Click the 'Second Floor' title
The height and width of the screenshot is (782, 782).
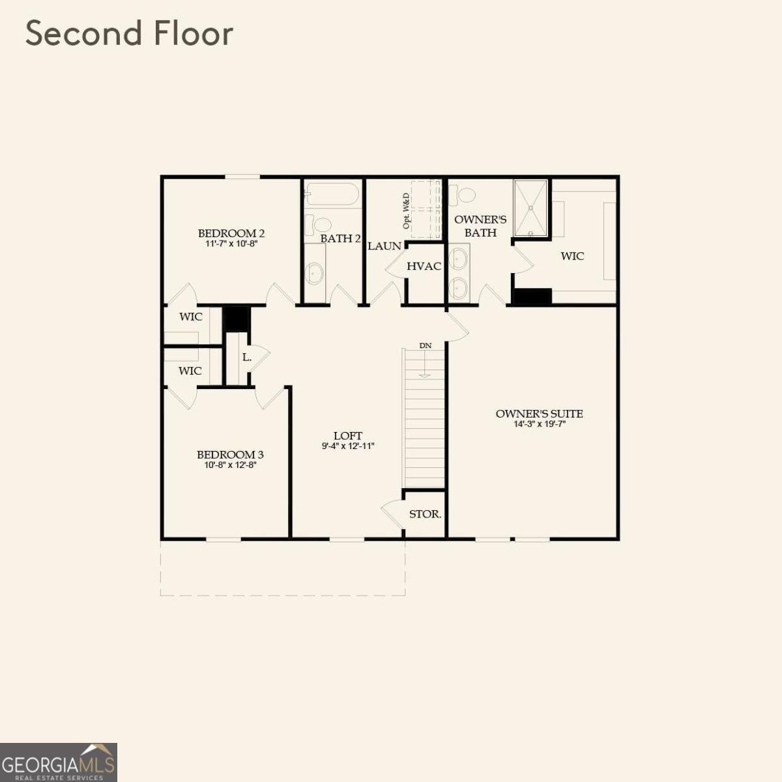(x=129, y=34)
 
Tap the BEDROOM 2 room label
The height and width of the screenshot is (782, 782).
(x=231, y=233)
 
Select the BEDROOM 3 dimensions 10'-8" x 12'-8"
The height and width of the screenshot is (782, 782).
(x=230, y=465)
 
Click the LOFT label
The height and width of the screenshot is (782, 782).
(x=348, y=436)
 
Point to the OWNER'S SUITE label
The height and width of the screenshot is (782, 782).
(x=539, y=414)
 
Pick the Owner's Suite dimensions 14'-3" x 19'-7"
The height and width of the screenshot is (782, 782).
(x=539, y=424)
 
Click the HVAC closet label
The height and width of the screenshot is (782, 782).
(x=424, y=267)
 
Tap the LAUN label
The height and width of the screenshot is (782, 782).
(x=384, y=246)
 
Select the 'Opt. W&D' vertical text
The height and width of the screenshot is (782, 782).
(x=407, y=210)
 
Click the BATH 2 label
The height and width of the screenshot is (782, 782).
(x=340, y=239)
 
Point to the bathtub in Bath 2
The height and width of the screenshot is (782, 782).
(x=332, y=194)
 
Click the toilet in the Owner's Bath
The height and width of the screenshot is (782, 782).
(x=464, y=194)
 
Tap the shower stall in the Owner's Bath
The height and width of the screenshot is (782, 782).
(x=530, y=208)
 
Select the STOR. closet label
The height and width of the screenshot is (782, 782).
(x=425, y=514)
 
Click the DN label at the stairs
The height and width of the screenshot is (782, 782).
(x=425, y=345)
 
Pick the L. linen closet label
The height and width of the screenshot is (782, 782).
(x=247, y=358)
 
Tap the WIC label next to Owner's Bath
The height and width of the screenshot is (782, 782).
(x=572, y=256)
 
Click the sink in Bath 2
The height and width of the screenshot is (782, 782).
(x=314, y=274)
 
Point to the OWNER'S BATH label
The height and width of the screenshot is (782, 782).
(x=480, y=226)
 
